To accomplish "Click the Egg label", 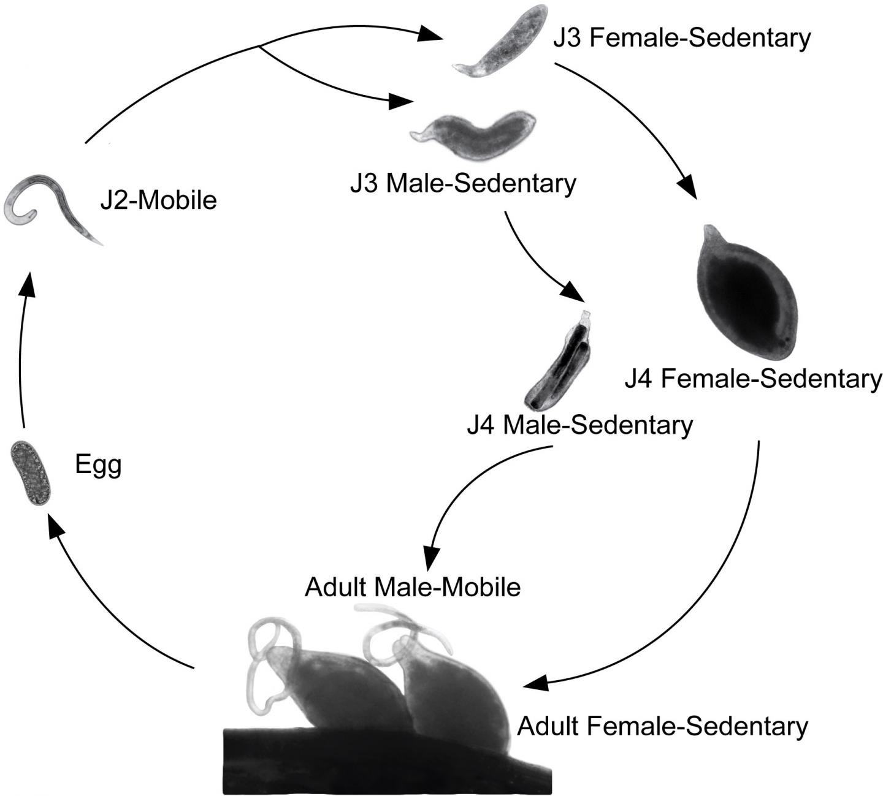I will pos(98,466).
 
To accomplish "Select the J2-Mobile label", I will pos(158,200).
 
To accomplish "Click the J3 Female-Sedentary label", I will pos(681,38).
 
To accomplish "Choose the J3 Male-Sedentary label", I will pos(463,183).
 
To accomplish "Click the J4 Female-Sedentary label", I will pos(752,379).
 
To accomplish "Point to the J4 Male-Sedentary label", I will pos(579,425).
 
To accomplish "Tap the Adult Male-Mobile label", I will pos(412,587).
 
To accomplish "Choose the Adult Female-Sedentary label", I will pos(662,727).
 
